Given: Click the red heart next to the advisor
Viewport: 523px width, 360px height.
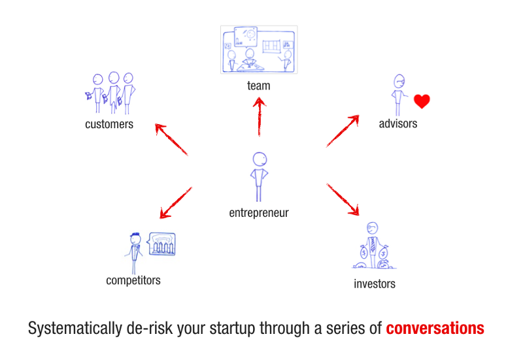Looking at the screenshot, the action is point(422,101).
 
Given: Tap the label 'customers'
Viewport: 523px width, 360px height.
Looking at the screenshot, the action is point(109,124).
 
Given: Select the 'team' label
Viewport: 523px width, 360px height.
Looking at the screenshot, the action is point(258,86).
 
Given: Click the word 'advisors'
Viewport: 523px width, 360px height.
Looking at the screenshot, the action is point(398,123).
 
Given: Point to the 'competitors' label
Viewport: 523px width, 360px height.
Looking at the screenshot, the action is point(133,280).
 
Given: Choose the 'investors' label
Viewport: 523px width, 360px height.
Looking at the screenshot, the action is point(375,284).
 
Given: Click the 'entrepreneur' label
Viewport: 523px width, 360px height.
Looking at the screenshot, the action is point(259,213).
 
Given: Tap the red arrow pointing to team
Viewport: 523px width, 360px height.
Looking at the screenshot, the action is point(259,116).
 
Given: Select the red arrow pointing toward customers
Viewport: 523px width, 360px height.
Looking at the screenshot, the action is point(171,139).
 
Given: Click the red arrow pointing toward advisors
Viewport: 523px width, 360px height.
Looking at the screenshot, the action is point(343,131).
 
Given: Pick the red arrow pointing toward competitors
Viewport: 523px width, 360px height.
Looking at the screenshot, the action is point(176,203).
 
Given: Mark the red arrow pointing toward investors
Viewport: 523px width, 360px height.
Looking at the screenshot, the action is point(343,199).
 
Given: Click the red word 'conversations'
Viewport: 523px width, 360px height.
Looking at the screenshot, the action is point(435,328).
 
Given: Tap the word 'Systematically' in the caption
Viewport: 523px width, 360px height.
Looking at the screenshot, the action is point(75,329).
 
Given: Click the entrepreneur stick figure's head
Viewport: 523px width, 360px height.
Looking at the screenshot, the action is point(260,159).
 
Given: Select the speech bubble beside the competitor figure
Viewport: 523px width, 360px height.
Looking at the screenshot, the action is point(161,244).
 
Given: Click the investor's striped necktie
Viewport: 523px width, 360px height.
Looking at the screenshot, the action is point(373,244).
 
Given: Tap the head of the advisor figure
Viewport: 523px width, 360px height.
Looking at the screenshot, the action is point(399,81).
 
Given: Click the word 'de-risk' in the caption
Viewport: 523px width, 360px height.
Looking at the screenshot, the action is point(150,328).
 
